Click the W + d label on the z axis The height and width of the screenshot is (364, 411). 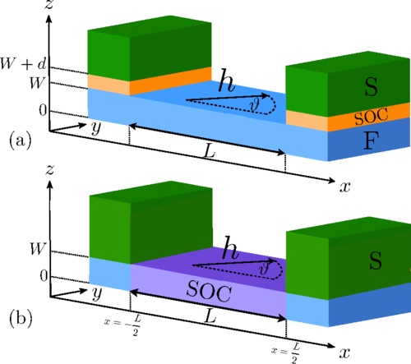[23, 64]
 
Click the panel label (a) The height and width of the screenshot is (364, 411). [21, 141]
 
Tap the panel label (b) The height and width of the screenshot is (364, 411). [21, 318]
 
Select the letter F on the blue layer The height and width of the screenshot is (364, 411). [372, 141]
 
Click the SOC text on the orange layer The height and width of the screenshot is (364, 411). [372, 117]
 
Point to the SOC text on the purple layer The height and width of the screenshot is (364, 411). [209, 292]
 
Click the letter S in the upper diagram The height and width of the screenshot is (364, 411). [372, 86]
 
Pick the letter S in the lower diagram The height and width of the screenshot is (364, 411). [376, 260]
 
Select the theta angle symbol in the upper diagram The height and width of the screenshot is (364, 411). [255, 104]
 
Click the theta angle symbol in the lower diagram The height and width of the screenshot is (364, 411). [264, 269]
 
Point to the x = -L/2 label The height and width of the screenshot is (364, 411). [122, 325]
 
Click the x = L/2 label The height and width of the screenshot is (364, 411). [286, 352]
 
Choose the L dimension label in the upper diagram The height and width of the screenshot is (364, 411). [210, 151]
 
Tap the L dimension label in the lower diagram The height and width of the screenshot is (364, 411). [210, 317]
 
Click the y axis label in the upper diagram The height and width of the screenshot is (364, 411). [96, 128]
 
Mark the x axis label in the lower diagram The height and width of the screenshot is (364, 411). [344, 352]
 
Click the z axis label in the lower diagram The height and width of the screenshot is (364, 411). [49, 170]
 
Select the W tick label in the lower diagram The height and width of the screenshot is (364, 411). [37, 249]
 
